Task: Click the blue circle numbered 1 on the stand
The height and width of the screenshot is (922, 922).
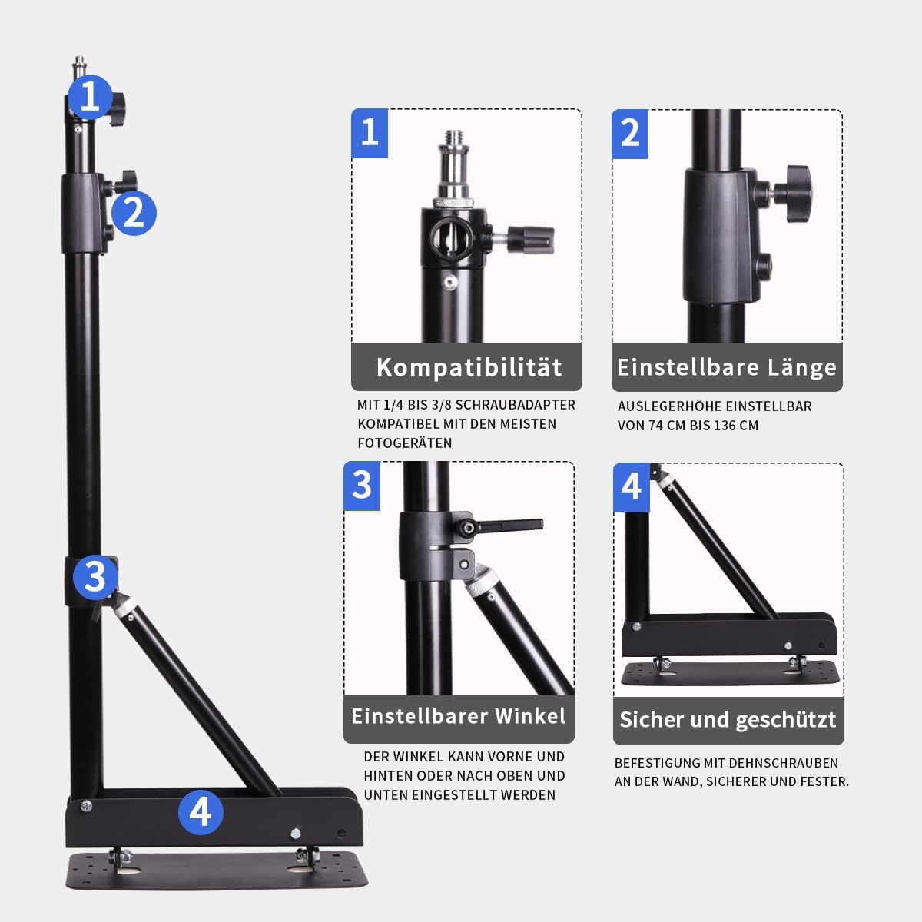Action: pyautogui.click(x=90, y=97)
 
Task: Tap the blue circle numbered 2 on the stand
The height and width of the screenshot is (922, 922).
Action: pyautogui.click(x=134, y=213)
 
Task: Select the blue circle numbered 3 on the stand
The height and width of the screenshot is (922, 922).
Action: pyautogui.click(x=96, y=577)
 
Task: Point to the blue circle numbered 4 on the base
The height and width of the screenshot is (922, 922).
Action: pyautogui.click(x=201, y=812)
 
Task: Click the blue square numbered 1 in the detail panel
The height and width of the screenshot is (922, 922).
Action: pyautogui.click(x=370, y=134)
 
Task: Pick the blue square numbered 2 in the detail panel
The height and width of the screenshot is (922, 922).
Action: pyautogui.click(x=630, y=134)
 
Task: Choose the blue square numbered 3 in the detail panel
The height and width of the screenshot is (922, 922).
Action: pyautogui.click(x=362, y=486)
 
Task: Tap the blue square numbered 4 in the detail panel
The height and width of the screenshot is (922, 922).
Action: pyautogui.click(x=632, y=488)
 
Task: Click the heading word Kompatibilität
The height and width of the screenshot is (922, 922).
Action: pyautogui.click(x=469, y=367)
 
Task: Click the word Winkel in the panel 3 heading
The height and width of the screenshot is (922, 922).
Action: pyautogui.click(x=530, y=716)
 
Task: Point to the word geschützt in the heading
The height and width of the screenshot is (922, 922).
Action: pyautogui.click(x=786, y=720)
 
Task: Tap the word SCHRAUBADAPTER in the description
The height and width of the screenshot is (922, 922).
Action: pyautogui.click(x=516, y=405)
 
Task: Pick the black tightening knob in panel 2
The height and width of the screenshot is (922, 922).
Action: pyautogui.click(x=793, y=194)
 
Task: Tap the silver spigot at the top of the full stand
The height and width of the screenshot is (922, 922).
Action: pyautogui.click(x=79, y=66)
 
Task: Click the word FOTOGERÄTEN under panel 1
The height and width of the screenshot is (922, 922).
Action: pyautogui.click(x=405, y=443)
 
